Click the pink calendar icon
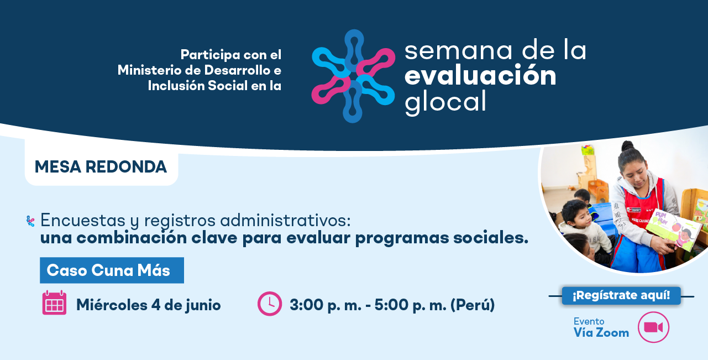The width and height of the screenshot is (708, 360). tap(54, 302)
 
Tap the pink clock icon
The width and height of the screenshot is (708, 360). tap(270, 304)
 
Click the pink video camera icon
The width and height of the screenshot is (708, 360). tap(653, 327)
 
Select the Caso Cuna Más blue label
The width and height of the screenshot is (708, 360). tap(112, 270)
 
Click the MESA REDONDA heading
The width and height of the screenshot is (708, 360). tap(101, 166)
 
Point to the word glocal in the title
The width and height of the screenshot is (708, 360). tap(445, 102)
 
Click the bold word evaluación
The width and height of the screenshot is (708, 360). tap(480, 75)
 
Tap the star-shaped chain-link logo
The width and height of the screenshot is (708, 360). tap(353, 76)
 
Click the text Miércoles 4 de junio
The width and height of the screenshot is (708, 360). tap(149, 305)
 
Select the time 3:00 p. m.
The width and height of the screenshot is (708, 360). tap(326, 305)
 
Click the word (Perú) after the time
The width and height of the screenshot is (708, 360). tap(473, 305)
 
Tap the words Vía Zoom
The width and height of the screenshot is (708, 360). tap(601, 332)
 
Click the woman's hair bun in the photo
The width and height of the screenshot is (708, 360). tap(627, 146)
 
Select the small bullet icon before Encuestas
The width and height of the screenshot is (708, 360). tap(30, 221)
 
